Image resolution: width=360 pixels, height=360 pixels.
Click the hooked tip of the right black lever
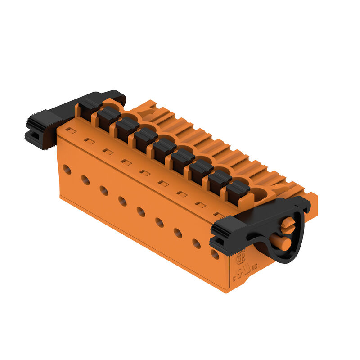[306, 202]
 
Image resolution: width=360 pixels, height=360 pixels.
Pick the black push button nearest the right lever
[238, 191]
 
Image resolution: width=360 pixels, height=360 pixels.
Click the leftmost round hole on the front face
[67, 170]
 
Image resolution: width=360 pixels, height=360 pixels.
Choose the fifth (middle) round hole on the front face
[141, 211]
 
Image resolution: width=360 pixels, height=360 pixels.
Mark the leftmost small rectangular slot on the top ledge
[71, 130]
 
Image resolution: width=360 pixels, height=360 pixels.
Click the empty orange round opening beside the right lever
[258, 193]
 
